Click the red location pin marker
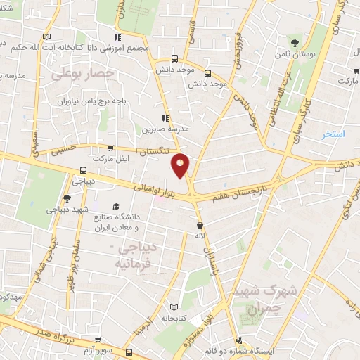[181, 165]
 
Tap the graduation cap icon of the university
[117, 205]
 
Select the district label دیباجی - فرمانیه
[141, 257]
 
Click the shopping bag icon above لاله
[200, 226]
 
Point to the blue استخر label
[333, 134]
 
